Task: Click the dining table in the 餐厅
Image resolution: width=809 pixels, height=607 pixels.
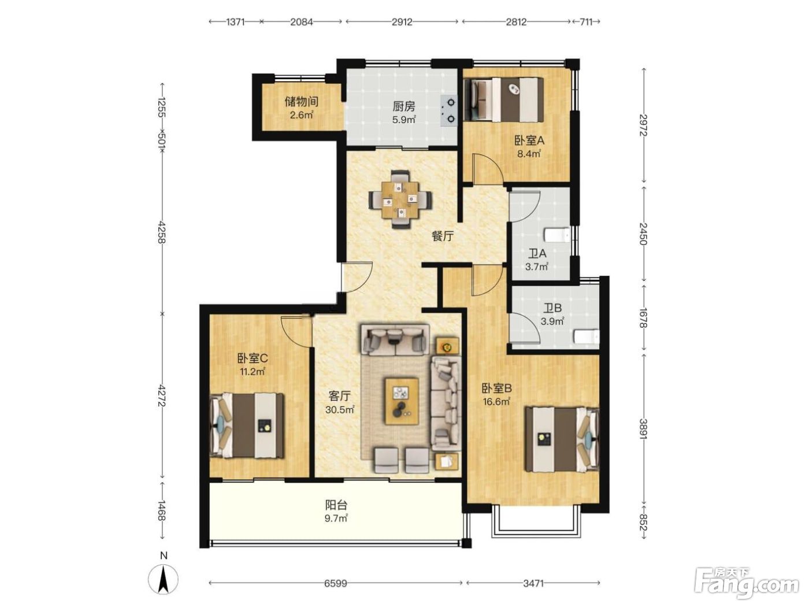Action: tap(400, 199)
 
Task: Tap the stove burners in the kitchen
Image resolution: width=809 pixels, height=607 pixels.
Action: tap(449, 110)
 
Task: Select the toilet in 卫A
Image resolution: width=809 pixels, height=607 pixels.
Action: tap(557, 235)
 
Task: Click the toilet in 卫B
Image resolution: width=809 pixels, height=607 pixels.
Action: tap(587, 336)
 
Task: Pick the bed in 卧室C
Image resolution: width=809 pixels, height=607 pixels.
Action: tap(247, 425)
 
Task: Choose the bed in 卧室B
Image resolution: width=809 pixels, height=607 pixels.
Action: tap(562, 439)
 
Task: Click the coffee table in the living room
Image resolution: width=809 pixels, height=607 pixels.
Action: tap(402, 401)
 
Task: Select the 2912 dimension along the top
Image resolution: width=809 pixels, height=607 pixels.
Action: tap(402, 22)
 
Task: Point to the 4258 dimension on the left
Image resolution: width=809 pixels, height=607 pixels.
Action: tap(161, 232)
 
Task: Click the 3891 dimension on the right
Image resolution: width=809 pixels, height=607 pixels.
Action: tap(643, 429)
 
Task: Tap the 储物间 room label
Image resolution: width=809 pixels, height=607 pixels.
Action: tap(301, 101)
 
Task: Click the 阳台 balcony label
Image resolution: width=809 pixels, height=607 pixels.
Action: tap(336, 505)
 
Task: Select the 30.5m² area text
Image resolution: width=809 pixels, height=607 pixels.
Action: tap(340, 409)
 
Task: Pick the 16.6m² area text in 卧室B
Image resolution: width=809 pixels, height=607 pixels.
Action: tap(496, 401)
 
